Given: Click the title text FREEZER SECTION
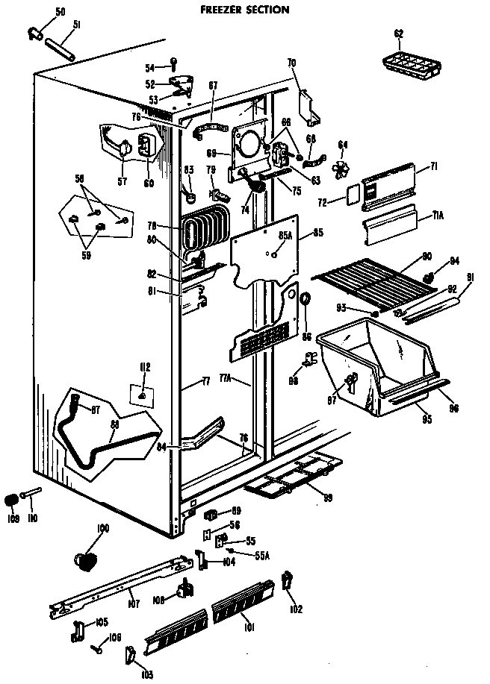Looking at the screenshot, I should point(244,10).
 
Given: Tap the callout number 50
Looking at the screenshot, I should point(61,13).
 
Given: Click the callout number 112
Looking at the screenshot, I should point(145,366).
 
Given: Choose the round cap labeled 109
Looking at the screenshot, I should point(12,499).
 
